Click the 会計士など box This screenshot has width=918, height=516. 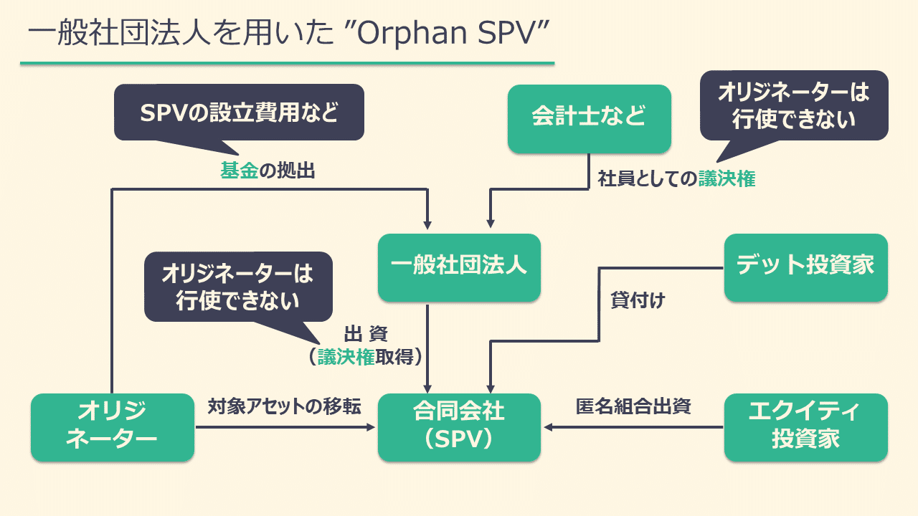pos(589,118)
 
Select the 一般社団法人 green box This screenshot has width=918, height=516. pos(459,267)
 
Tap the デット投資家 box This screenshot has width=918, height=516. pos(805,267)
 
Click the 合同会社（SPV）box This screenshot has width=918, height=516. pos(459,426)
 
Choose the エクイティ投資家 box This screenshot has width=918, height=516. pos(805,426)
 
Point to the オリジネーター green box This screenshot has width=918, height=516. pos(112,426)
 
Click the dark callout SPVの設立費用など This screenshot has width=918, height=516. pos(239,113)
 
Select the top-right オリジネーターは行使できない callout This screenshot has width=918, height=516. pos(793,105)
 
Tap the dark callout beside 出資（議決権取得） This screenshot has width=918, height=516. pos(238,287)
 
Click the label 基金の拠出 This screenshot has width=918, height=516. pos(268,171)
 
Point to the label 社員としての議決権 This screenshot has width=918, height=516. pos(676,179)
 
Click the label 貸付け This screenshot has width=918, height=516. pos(638,300)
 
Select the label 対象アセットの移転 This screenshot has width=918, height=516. pos(284,407)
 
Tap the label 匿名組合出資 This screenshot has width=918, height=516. pos(633,407)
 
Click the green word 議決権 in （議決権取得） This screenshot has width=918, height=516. pos(346,356)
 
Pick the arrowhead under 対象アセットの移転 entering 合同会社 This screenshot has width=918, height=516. pos(372,427)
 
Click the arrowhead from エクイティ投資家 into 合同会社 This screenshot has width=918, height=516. pos(548,427)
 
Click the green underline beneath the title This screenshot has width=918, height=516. pos(287,64)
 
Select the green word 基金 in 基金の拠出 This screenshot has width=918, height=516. pos(238,171)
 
